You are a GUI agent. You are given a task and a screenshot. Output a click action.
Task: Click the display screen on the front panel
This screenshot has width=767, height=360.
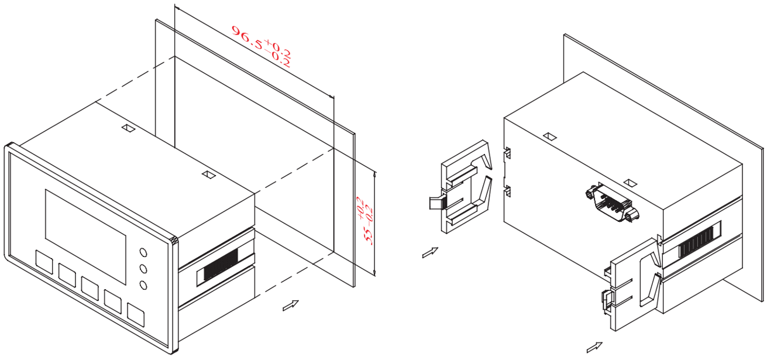(x=85, y=236)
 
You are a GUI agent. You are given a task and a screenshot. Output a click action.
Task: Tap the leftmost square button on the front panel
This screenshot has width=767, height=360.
(x=44, y=262)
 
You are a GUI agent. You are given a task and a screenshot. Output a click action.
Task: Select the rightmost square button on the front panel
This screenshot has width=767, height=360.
(x=136, y=314)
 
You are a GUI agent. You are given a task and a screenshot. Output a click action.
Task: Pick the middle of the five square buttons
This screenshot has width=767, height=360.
(x=90, y=289)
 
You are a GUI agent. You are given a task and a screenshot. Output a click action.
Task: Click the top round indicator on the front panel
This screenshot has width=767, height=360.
(x=143, y=252)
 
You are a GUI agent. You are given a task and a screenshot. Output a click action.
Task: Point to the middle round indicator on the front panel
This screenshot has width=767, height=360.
(x=143, y=269)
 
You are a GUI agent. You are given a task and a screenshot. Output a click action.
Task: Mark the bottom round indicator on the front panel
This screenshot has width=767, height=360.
(x=143, y=285)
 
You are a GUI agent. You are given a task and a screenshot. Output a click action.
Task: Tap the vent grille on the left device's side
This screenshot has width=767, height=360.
(x=221, y=265)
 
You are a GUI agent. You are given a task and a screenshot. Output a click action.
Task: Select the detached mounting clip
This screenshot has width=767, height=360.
(x=460, y=187)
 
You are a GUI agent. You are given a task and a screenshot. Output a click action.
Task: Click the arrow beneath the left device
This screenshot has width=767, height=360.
(x=291, y=306)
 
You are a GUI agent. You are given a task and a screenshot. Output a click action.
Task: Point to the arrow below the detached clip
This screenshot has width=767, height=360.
(x=430, y=252)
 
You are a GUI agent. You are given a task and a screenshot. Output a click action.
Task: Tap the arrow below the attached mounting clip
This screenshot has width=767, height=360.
(x=594, y=347)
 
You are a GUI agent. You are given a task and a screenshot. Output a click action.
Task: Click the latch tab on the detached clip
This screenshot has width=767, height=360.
(x=438, y=203)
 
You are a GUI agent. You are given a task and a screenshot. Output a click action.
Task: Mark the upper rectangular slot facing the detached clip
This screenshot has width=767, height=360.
(x=507, y=153)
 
